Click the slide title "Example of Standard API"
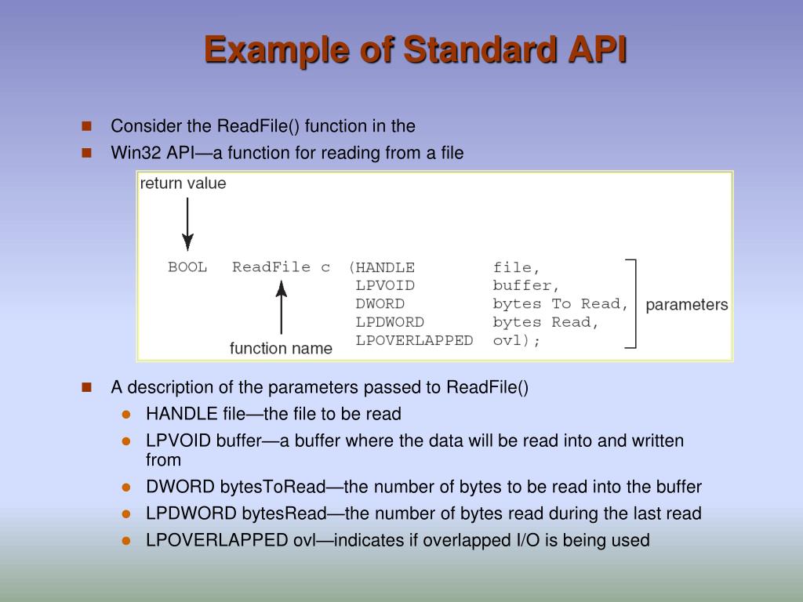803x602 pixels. click(x=415, y=51)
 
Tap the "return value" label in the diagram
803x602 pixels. click(x=183, y=183)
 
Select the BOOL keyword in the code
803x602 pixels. click(x=187, y=267)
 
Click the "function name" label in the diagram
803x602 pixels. click(x=281, y=348)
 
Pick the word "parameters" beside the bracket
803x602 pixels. click(x=686, y=305)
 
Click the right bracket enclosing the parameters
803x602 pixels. click(x=633, y=303)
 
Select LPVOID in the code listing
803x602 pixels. click(x=385, y=285)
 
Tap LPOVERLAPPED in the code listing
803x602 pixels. click(x=414, y=341)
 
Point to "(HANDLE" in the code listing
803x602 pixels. click(x=382, y=267)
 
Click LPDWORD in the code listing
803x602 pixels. click(x=390, y=322)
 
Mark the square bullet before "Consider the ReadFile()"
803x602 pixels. click(x=87, y=126)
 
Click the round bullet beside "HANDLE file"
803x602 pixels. click(x=125, y=414)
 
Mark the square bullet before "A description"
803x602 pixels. click(x=87, y=387)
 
